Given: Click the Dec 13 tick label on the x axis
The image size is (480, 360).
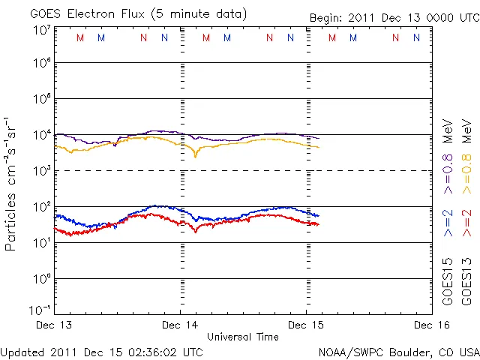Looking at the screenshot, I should (x=55, y=325).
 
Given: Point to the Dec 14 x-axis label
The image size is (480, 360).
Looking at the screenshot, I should (x=180, y=325).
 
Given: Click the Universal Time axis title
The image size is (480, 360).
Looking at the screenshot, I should (x=243, y=337).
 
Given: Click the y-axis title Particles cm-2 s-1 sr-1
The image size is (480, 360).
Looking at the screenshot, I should (x=12, y=184).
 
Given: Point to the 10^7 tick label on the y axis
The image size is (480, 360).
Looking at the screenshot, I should (x=41, y=31).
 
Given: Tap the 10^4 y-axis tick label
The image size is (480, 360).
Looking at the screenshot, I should (x=41, y=135).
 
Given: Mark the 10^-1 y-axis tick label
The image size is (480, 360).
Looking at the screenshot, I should (x=41, y=310).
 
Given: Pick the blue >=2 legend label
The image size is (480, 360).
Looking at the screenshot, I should (x=448, y=222).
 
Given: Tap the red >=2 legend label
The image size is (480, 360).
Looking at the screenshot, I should (x=467, y=222).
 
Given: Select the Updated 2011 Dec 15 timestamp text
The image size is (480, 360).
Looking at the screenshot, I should (x=102, y=351).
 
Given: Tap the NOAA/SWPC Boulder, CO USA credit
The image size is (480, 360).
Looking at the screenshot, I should (x=398, y=351).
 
